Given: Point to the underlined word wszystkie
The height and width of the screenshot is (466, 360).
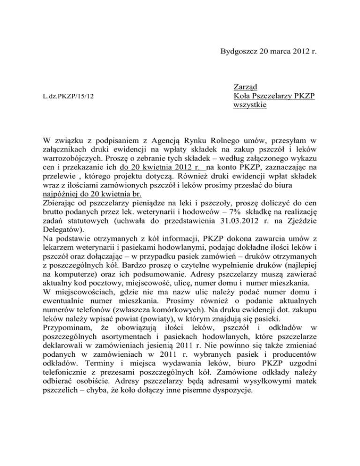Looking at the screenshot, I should [250, 105].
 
